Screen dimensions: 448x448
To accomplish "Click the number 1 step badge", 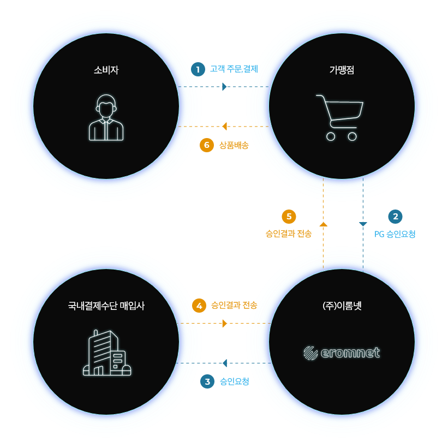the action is (198, 69).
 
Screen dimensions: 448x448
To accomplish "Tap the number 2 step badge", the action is (396, 217).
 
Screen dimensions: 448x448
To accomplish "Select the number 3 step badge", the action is (207, 381).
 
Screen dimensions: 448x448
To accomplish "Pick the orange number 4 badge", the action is (199, 306).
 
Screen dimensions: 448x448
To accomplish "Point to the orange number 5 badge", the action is (289, 217).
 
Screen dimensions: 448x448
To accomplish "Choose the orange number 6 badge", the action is (207, 145).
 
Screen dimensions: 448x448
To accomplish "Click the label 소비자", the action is (106, 70).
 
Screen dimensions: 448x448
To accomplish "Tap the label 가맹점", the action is (342, 70).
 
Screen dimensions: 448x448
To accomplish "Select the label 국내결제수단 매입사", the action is (106, 306).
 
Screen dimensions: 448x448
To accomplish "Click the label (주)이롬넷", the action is (342, 306).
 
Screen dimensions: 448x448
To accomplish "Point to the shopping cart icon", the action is (340, 118).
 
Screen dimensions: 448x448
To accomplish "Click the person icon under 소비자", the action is (106, 117).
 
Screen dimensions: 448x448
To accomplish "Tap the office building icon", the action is (107, 353).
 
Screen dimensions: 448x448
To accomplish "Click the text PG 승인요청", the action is (395, 234).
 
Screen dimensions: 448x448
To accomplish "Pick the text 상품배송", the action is (234, 145).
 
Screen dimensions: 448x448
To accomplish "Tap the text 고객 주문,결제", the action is (234, 69).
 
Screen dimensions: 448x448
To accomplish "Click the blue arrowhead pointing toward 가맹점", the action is (224, 87).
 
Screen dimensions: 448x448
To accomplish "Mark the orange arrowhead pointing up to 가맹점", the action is (324, 224).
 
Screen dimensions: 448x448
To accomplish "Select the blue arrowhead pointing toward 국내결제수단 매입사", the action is (225, 363).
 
